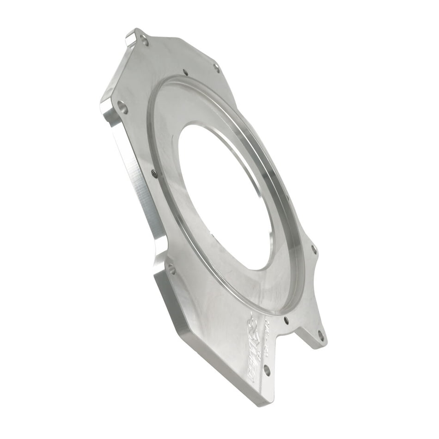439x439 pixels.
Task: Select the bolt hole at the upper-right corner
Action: [x=216, y=67]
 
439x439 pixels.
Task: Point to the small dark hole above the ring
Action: [x=185, y=72]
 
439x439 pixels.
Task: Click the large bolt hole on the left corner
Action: [x=122, y=108]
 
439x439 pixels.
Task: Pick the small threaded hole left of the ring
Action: [x=154, y=174]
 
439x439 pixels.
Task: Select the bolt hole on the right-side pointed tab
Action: [x=314, y=250]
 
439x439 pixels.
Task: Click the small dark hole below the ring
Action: [x=287, y=320]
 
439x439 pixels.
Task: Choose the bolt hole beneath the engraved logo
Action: [x=267, y=369]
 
